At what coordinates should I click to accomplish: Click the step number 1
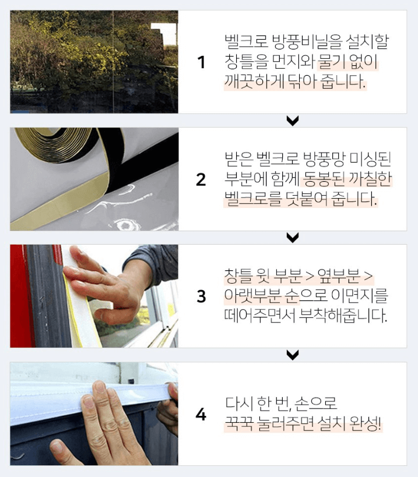click(x=202, y=62)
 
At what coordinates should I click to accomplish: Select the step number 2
click(x=201, y=179)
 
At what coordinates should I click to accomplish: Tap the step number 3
click(x=201, y=296)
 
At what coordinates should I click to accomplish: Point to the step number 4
click(x=201, y=415)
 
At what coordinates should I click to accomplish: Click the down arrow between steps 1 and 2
click(x=293, y=121)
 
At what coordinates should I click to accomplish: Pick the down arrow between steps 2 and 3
click(x=293, y=238)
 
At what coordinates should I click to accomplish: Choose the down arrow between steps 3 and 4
click(x=293, y=355)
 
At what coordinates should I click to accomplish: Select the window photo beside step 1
click(x=94, y=61)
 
